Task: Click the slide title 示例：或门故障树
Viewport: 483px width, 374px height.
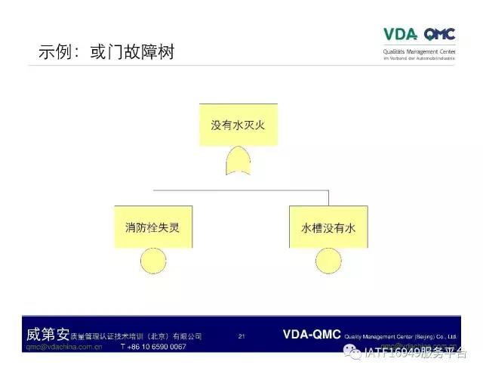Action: (111, 54)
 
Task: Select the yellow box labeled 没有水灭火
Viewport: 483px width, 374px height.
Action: (238, 125)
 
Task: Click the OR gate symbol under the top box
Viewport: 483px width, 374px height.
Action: (238, 161)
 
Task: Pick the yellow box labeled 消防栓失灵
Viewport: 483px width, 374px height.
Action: (153, 227)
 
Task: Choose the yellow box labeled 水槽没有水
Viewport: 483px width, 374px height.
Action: (328, 227)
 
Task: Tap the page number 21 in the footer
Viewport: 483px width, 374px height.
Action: (241, 335)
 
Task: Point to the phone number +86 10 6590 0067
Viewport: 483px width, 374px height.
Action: (153, 347)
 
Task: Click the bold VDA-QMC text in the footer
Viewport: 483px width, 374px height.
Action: (312, 334)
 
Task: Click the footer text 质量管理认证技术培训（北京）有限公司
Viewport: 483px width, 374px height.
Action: (137, 335)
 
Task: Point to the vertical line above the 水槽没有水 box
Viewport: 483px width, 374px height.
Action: (328, 195)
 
